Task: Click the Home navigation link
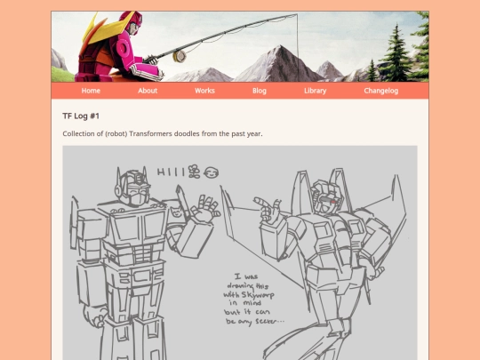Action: click(x=91, y=91)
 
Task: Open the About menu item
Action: click(x=148, y=91)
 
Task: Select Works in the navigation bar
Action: click(x=204, y=91)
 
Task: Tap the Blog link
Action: click(x=260, y=91)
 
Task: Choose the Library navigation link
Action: click(x=315, y=91)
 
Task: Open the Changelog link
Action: click(x=381, y=91)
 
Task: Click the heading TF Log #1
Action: click(x=81, y=116)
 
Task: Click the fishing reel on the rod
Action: click(x=180, y=56)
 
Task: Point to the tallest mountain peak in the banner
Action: click(x=278, y=48)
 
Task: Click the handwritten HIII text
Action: click(x=172, y=172)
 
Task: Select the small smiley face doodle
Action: click(x=212, y=173)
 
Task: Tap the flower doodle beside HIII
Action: click(x=194, y=172)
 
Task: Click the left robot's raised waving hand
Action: click(x=204, y=208)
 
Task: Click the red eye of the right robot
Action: click(x=333, y=202)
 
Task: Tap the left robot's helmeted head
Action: click(x=132, y=187)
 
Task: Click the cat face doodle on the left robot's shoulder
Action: click(x=176, y=212)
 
